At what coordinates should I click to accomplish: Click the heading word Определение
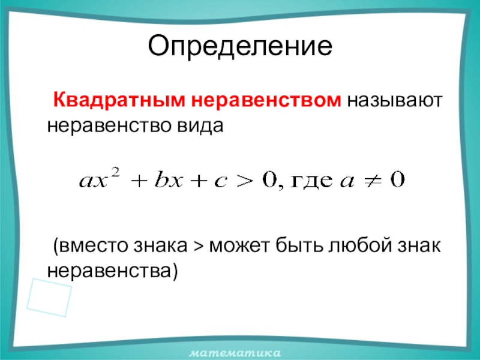point(240,47)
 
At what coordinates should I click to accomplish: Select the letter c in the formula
point(220,182)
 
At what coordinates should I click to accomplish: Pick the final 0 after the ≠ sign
point(398,180)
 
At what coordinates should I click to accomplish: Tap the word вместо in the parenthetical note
point(93,246)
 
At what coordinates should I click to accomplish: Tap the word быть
point(299,245)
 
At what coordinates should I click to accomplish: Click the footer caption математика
point(235,353)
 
